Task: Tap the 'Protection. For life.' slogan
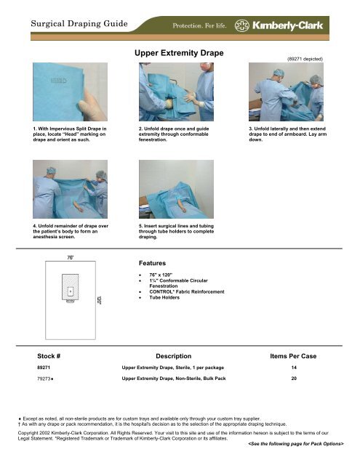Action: (201, 27)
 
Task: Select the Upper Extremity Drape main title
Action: (179, 54)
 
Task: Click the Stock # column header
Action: (53, 357)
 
